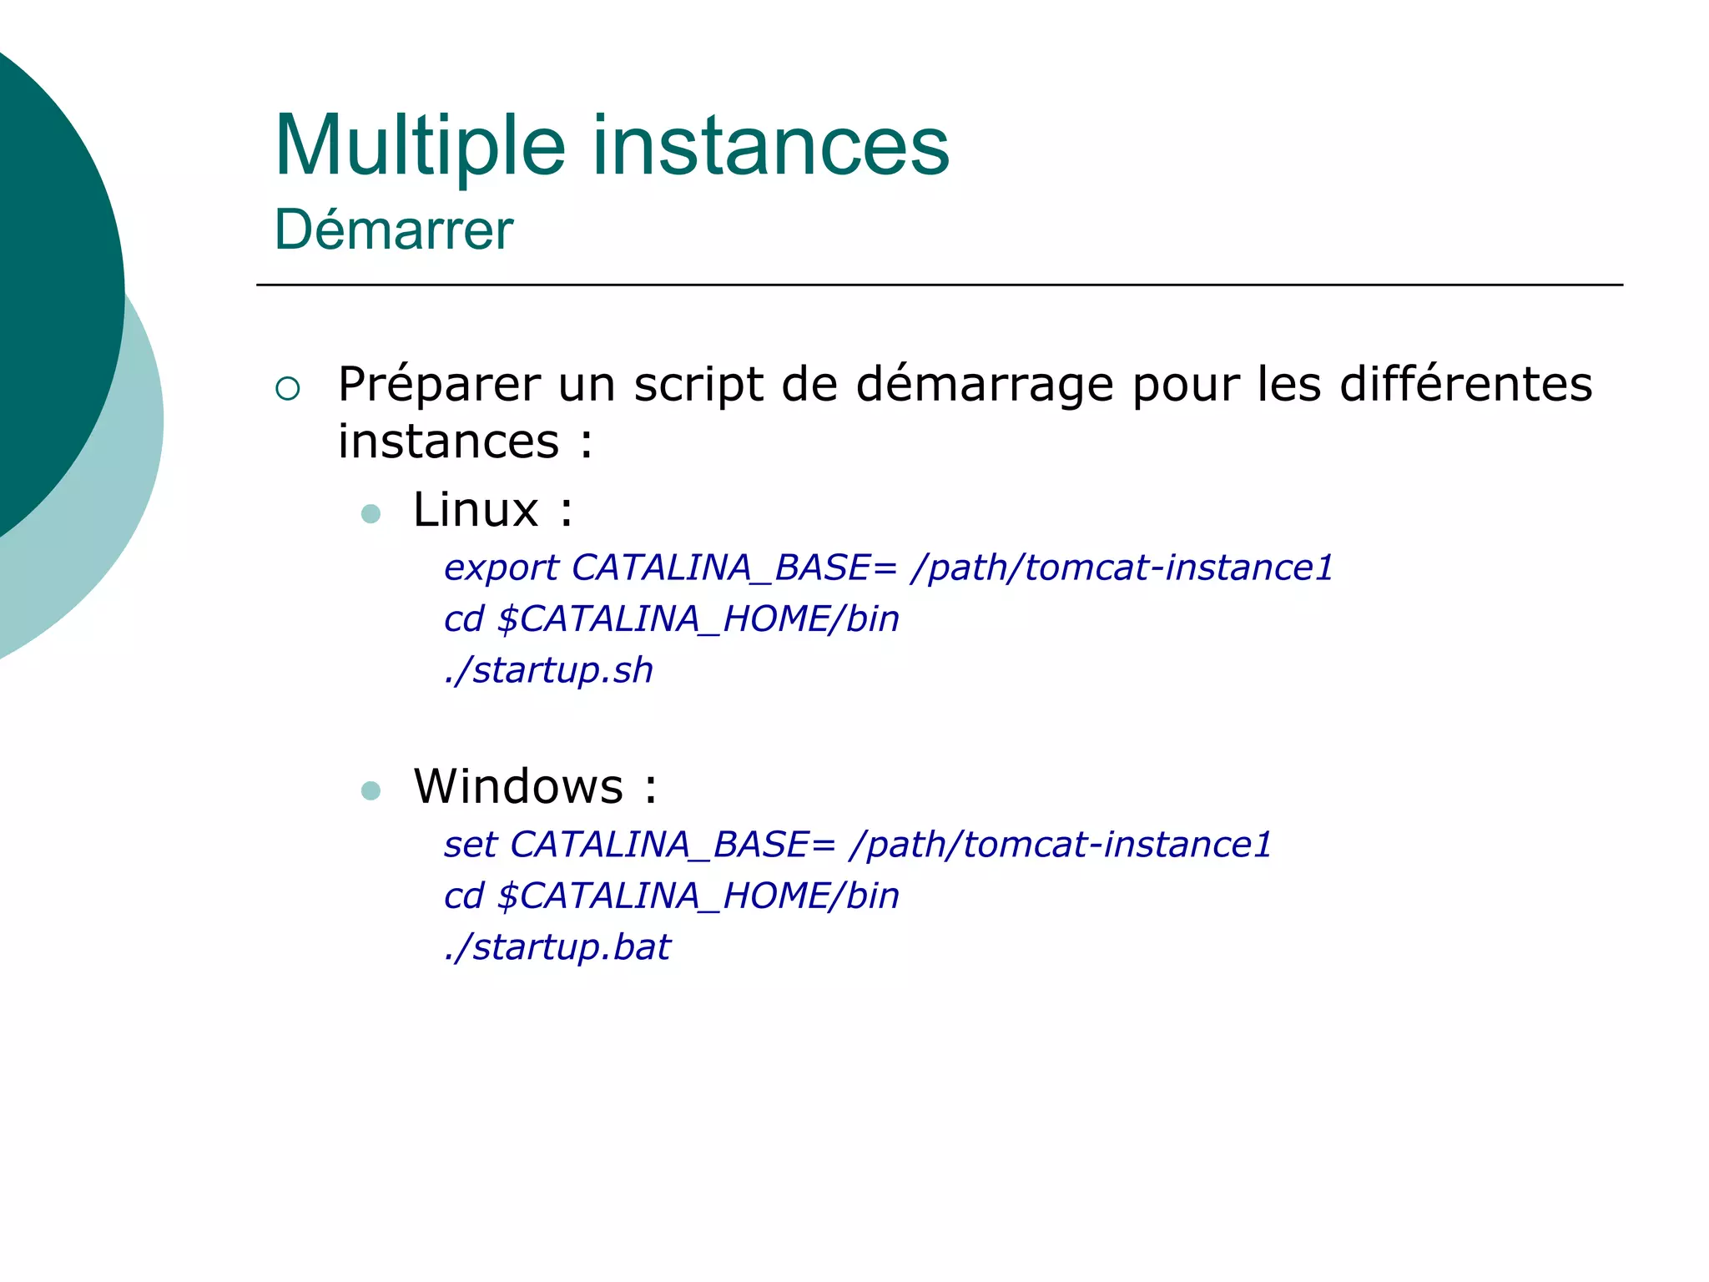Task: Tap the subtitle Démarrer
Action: tap(393, 230)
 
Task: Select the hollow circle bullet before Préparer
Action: tap(287, 388)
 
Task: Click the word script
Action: tap(698, 385)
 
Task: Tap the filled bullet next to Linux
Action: tap(371, 513)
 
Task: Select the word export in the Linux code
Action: tap(501, 568)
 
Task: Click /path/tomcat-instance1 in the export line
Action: tap(1122, 568)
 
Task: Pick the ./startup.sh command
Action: tap(548, 670)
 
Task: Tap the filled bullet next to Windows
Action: tap(371, 790)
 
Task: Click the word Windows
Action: tap(518, 786)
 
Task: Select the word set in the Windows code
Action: tap(471, 845)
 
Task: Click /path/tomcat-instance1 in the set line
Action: tap(1061, 845)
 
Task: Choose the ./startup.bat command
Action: tap(557, 947)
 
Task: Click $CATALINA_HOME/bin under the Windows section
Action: tap(698, 896)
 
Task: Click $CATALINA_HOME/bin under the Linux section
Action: tap(698, 619)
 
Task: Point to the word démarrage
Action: tap(986, 385)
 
